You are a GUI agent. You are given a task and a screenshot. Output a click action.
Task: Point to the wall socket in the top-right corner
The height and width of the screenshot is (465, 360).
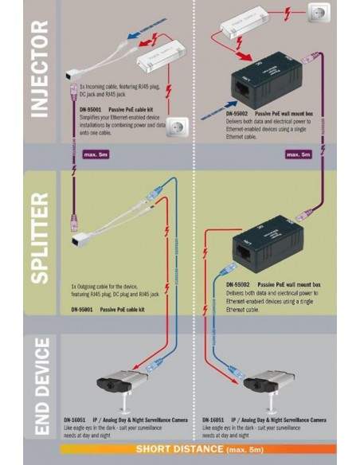pos(326,17)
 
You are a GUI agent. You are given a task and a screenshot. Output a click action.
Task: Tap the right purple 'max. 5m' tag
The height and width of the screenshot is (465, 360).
pos(299,152)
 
